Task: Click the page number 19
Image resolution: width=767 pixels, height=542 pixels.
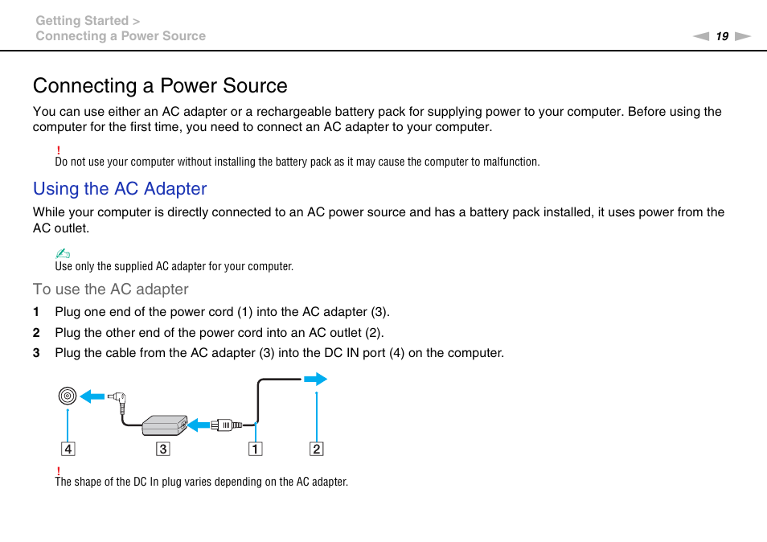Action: click(722, 36)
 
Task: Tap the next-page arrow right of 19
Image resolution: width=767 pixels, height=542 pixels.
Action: click(742, 36)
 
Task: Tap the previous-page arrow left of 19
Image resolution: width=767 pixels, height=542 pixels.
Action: click(702, 36)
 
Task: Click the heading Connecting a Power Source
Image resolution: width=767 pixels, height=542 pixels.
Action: click(160, 86)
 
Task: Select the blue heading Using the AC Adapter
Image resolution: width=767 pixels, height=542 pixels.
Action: click(120, 189)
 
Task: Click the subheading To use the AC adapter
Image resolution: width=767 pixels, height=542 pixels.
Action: click(111, 289)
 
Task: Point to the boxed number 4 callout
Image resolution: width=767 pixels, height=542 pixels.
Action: click(68, 449)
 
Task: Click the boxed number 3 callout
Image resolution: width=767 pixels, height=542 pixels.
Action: click(163, 449)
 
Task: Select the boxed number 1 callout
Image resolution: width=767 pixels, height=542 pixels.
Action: click(255, 449)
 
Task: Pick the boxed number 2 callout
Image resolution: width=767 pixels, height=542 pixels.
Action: click(317, 449)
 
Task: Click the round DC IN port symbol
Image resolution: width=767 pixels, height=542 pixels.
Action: click(68, 396)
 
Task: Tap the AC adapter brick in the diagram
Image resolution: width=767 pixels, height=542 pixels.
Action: click(164, 425)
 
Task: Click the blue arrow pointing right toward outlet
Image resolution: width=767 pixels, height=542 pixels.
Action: click(315, 379)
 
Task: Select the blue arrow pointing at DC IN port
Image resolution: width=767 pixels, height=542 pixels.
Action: click(92, 396)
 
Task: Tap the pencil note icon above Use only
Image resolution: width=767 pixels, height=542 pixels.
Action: click(63, 254)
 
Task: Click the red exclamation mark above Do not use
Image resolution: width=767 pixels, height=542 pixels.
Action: click(59, 150)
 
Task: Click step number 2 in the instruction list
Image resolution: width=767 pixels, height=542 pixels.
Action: click(35, 333)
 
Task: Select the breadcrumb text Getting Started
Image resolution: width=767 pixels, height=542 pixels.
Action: click(82, 21)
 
